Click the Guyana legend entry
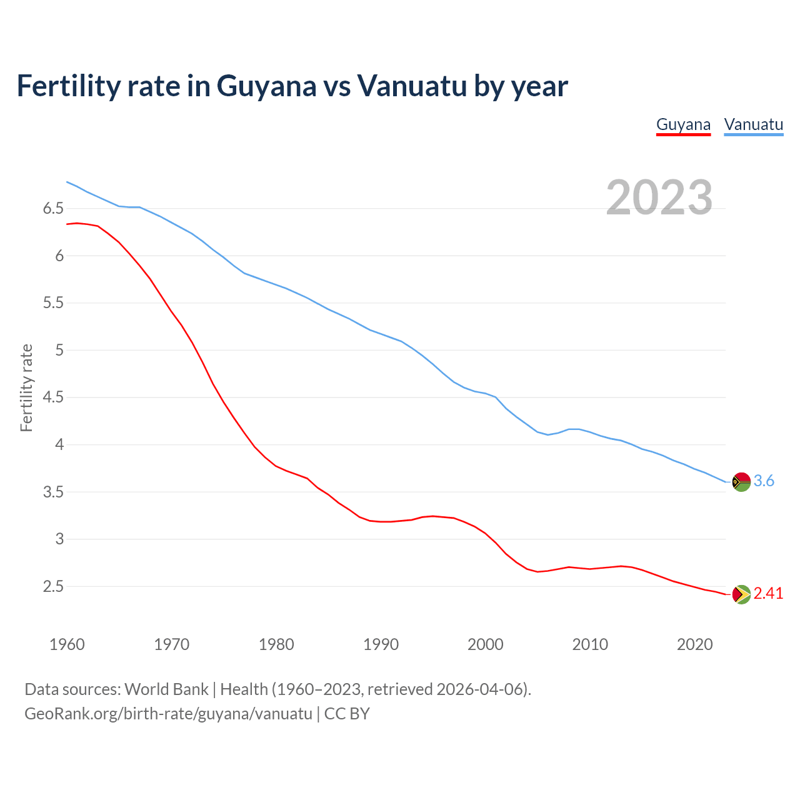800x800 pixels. point(683,124)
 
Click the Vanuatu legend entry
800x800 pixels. point(753,124)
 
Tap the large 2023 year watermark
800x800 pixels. point(659,197)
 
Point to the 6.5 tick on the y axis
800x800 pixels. point(53,208)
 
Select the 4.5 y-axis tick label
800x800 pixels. point(53,397)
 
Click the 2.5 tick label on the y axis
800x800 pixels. point(53,586)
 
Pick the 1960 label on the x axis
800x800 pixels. point(67,644)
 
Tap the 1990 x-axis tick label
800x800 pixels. point(381,644)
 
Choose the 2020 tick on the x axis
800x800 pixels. point(694,644)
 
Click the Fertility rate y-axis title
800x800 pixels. point(26,387)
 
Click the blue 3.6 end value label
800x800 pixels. point(764,481)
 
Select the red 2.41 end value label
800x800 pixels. point(768,593)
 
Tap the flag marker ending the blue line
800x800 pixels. point(741,482)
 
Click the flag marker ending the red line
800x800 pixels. point(741,594)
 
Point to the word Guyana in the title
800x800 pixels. point(266,86)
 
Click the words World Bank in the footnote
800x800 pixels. point(166,689)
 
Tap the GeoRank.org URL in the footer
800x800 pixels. point(168,714)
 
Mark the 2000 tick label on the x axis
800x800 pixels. point(485,644)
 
